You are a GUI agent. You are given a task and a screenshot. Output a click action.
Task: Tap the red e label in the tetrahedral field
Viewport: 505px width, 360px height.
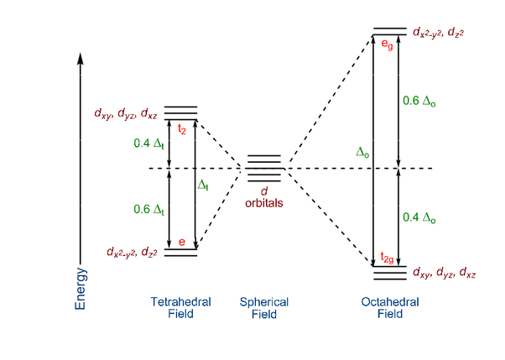(x=181, y=242)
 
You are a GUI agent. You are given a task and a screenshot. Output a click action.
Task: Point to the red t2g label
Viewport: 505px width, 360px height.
(x=387, y=257)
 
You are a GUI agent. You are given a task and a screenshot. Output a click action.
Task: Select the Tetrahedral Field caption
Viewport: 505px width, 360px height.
(x=180, y=308)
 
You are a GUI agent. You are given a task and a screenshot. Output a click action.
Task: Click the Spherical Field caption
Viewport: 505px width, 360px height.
(x=264, y=308)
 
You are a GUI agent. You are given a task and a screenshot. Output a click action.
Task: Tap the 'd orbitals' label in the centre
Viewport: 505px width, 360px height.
(x=264, y=197)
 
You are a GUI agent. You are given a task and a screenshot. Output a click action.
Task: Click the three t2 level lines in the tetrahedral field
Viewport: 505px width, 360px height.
(x=181, y=112)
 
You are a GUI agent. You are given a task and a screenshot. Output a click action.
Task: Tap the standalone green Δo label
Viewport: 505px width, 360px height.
(x=362, y=152)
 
